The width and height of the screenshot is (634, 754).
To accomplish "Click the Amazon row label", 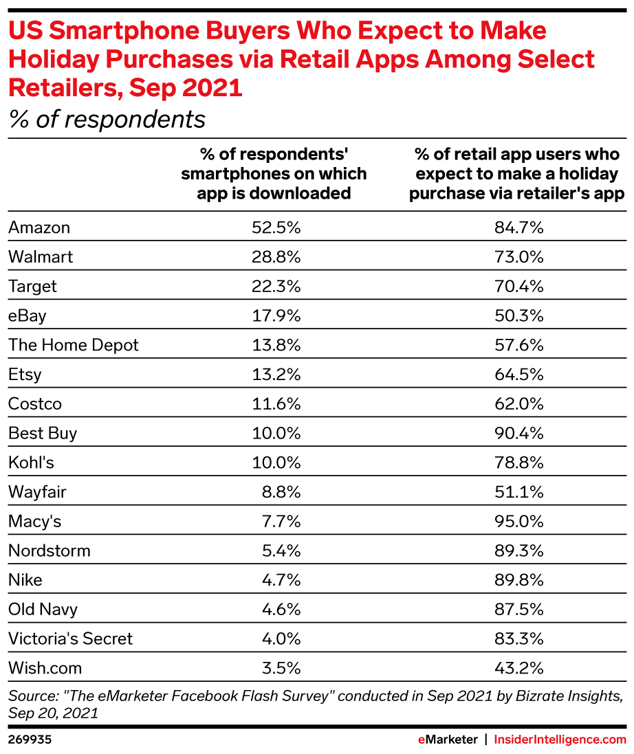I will coord(39,228).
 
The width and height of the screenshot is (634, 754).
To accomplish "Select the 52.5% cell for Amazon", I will coord(276,228).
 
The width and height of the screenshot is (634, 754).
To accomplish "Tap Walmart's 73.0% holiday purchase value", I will coord(519,257).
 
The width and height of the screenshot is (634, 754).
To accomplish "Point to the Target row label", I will coord(32,287).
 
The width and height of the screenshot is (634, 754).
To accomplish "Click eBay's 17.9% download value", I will coord(276,315).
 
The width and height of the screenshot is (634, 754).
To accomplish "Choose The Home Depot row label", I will coord(74,345).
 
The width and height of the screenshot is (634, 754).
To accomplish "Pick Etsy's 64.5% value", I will coord(519,375).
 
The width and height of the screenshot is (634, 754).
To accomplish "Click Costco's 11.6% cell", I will coord(276,403).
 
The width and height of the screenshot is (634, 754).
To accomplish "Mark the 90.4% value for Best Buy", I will coord(519,433).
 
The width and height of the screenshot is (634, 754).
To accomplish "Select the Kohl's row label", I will coord(31,463).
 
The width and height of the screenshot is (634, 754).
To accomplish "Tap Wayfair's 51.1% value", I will coord(519,492).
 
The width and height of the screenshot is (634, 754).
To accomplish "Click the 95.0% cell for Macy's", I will coord(519,522).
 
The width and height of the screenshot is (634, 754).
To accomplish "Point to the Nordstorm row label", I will coord(50,551).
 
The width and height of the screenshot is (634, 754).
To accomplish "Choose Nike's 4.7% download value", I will coord(281,580).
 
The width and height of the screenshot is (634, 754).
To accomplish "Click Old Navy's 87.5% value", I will coord(519,609).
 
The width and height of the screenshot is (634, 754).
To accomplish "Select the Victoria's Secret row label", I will coord(70,639).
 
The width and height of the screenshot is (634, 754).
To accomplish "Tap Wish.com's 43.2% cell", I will coord(519,668).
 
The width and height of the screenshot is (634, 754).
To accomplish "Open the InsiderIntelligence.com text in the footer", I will coord(561,740).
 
